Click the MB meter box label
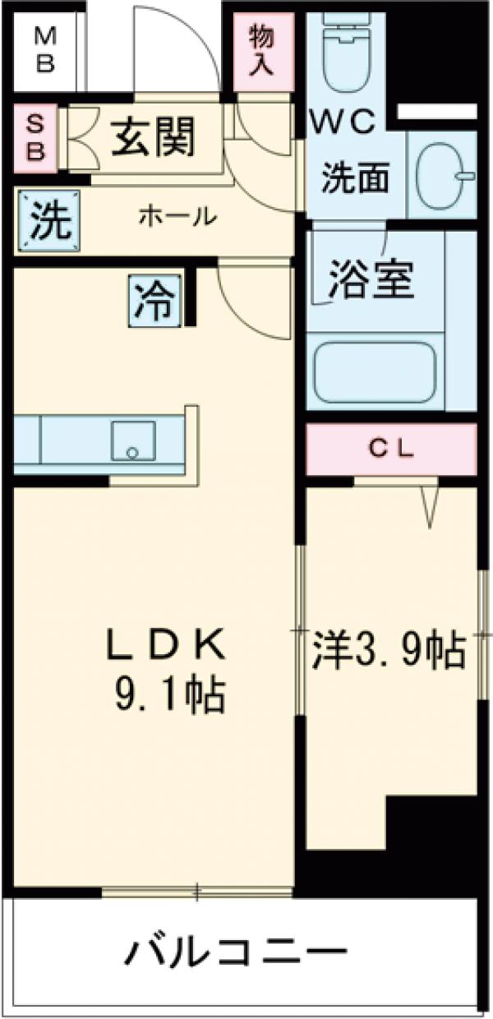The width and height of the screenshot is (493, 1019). [45, 50]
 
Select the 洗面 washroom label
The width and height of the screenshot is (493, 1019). [355, 178]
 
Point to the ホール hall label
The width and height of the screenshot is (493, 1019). [177, 218]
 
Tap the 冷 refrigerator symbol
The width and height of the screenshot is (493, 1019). [155, 302]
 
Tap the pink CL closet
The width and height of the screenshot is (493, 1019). [391, 450]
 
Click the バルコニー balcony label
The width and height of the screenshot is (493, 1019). [235, 953]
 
